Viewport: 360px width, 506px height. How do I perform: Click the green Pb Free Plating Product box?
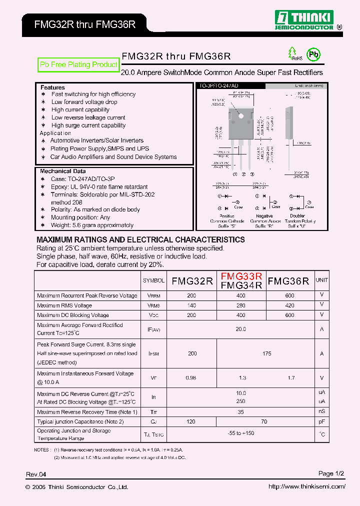pos(78,64)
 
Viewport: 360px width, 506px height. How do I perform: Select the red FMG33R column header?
pos(241,276)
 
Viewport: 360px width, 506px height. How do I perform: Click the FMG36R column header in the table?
pos(288,281)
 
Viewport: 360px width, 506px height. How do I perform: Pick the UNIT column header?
pos(322,280)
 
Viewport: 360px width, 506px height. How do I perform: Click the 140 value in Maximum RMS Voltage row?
pos(191,305)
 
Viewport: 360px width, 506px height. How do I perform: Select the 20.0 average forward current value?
pos(241,329)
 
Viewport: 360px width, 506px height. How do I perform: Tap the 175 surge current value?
pos(266,353)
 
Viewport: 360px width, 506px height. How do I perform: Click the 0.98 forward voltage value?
pos(191,378)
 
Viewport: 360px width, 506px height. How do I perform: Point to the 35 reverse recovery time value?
pos(241,412)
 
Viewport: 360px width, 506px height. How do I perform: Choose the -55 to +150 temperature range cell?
pos(241,433)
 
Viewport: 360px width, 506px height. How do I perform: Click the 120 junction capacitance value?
pos(191,421)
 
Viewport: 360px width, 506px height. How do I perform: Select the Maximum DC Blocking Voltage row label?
pos(73,315)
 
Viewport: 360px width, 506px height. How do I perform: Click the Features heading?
pos(52,87)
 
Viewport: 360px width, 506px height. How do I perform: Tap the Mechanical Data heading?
pos(62,171)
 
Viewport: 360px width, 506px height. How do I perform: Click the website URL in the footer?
pos(306,486)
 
